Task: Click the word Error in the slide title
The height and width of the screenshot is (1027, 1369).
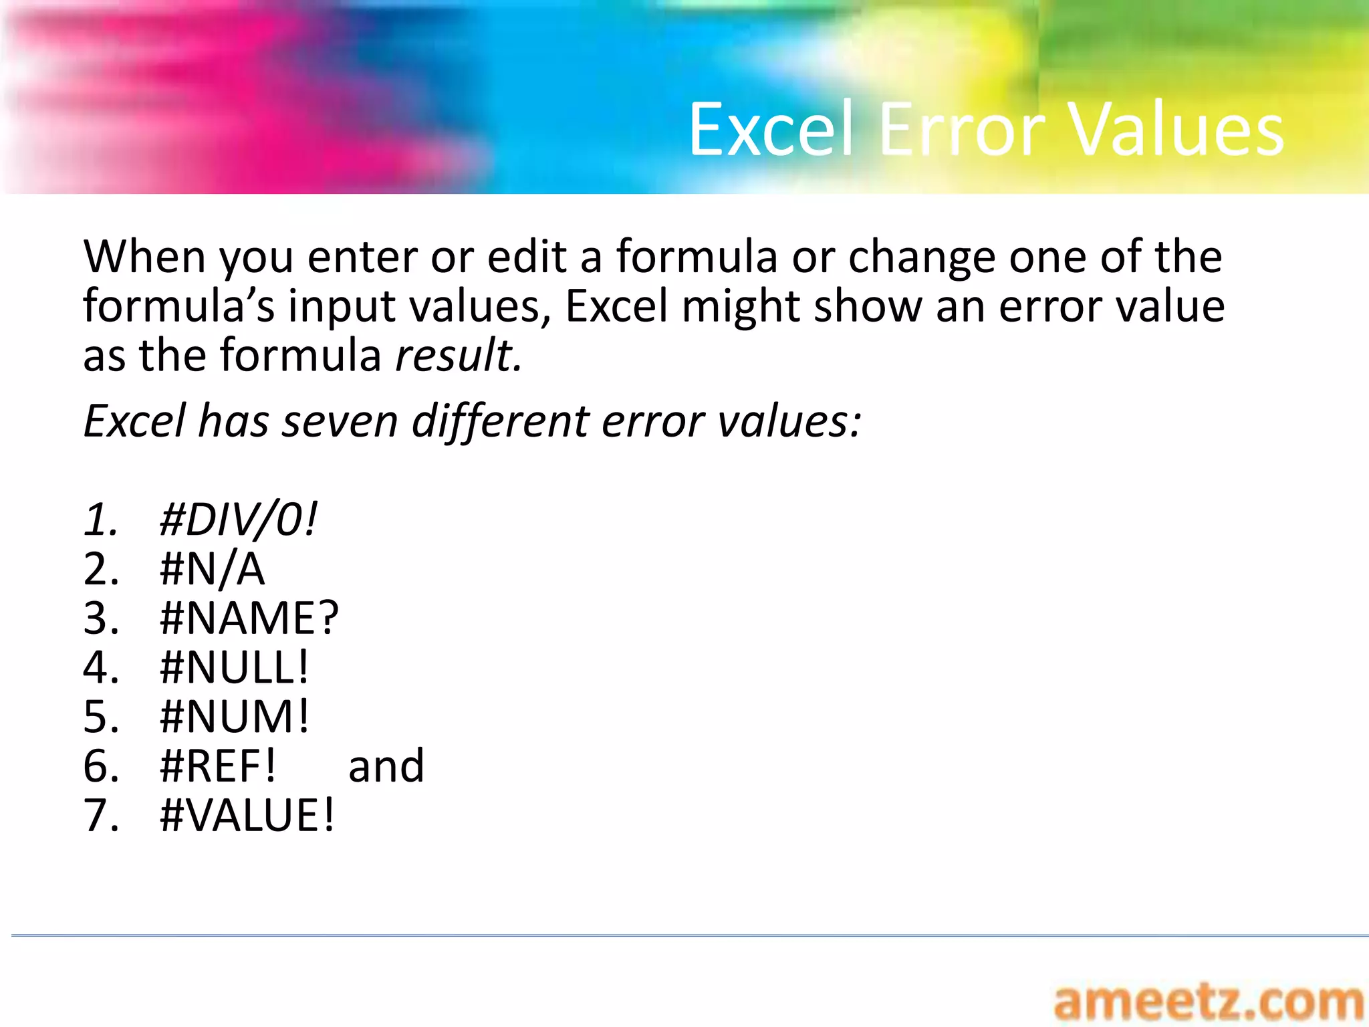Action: pos(963,130)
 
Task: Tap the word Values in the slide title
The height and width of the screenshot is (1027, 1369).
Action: pos(1176,130)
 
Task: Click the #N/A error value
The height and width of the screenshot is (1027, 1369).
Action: pos(212,570)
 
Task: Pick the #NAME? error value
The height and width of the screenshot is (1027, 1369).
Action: pos(249,618)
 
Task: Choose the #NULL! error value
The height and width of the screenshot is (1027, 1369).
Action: pos(235,668)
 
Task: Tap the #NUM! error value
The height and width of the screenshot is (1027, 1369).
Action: pos(235,717)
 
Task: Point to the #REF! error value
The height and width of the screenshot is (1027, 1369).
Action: pos(218,766)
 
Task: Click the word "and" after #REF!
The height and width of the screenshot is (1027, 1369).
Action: pos(386,766)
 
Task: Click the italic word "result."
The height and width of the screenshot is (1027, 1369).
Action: pos(459,355)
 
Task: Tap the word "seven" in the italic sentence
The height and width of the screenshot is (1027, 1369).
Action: pos(340,422)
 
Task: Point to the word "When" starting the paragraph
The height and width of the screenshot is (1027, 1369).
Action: pos(144,257)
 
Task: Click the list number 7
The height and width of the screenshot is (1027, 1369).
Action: pos(100,816)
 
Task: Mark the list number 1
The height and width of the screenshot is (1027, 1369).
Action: pos(100,520)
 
